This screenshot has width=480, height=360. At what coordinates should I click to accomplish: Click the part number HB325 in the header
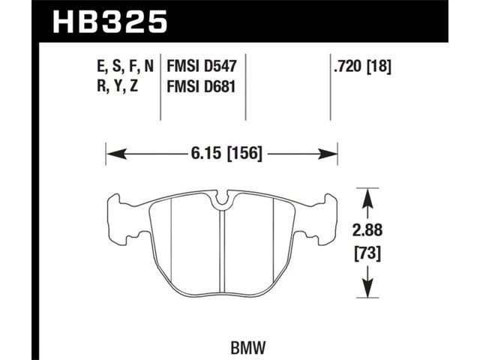(110, 22)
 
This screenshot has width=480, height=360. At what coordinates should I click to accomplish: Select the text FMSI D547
(202, 66)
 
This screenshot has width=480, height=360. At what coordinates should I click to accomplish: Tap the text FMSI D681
(202, 86)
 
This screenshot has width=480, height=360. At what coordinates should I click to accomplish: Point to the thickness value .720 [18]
(362, 66)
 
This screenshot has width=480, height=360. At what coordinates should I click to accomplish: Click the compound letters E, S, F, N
(125, 67)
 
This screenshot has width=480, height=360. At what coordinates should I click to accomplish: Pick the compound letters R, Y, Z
(118, 86)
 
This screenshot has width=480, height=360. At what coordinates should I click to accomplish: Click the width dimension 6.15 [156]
(226, 153)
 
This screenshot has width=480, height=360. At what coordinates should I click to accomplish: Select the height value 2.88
(367, 230)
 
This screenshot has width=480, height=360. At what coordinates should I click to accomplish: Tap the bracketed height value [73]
(367, 253)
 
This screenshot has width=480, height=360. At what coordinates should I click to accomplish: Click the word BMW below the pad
(247, 348)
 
